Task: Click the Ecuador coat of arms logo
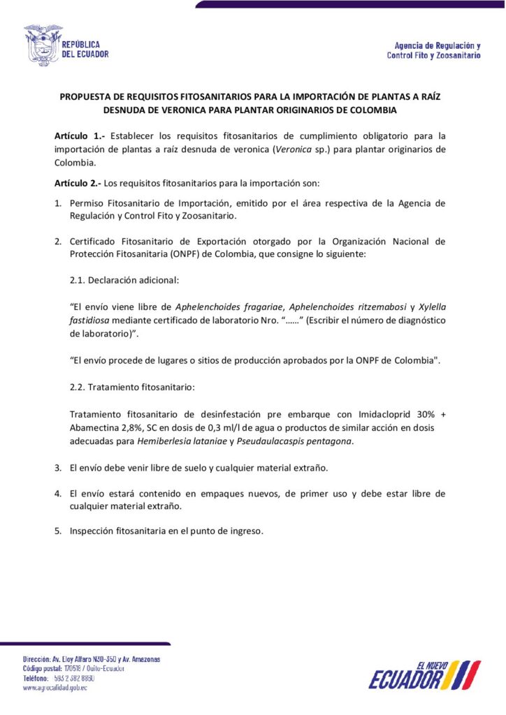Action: tap(43, 45)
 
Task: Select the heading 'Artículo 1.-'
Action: tap(79, 135)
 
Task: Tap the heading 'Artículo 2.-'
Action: tap(78, 184)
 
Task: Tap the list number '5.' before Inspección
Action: tap(59, 531)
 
